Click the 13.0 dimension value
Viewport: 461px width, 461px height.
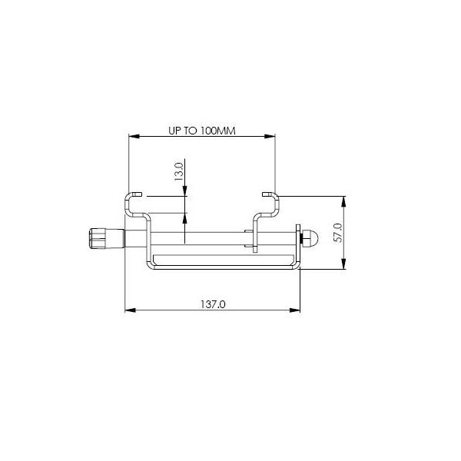[x=179, y=171]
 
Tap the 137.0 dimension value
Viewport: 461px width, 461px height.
[x=212, y=304]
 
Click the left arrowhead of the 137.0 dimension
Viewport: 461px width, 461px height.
[x=129, y=311]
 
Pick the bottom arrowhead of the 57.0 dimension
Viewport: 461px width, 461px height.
[x=343, y=265]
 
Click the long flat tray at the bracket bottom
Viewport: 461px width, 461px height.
[x=223, y=259]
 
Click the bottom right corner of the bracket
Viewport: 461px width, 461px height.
[x=297, y=266]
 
